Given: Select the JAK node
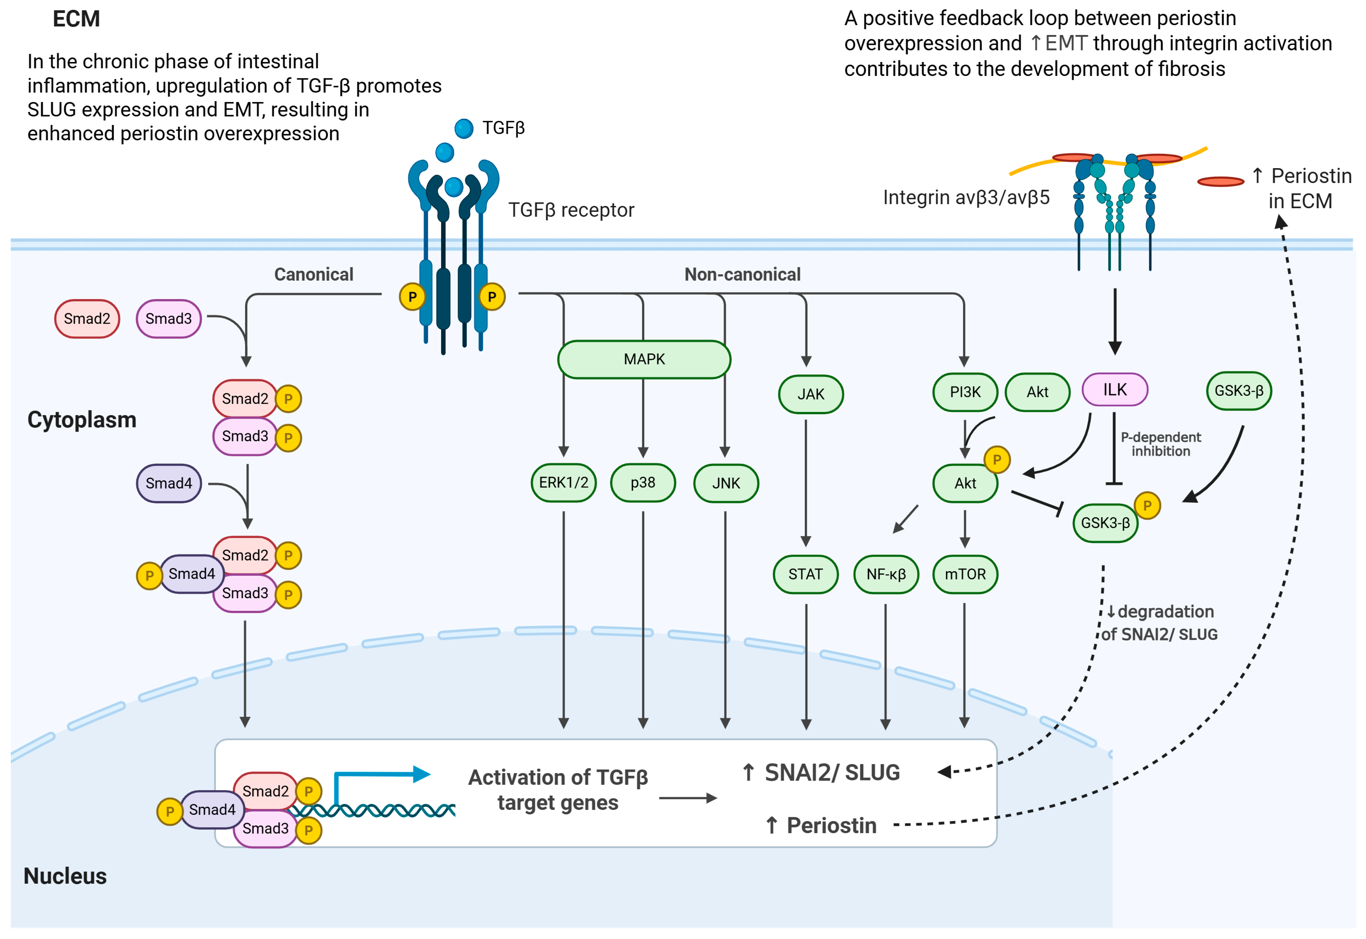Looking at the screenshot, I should (x=811, y=394).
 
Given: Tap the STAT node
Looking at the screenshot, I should (x=805, y=574).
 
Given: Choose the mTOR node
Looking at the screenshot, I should (x=965, y=574).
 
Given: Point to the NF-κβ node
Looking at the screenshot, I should (x=886, y=574).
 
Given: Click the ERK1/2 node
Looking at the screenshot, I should (x=563, y=483).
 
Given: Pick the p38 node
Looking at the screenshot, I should (x=643, y=483).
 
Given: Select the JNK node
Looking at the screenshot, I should (x=726, y=483).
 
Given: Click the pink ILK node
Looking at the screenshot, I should (x=1115, y=389).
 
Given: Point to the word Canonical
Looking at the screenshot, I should (x=314, y=274).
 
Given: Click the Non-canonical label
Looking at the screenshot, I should (x=742, y=274).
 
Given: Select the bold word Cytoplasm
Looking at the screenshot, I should (x=82, y=420).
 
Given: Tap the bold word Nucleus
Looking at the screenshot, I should (x=65, y=876).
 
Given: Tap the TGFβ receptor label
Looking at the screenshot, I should (x=571, y=210).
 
